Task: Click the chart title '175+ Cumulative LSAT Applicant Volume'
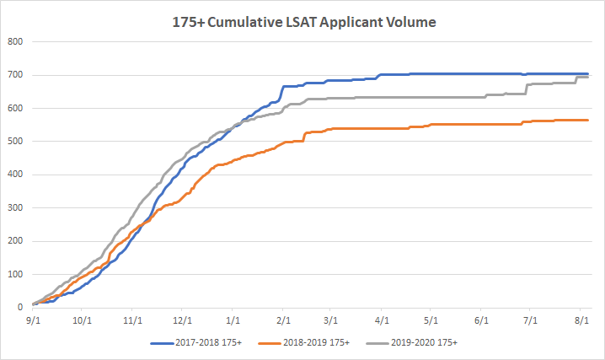coord(302,21)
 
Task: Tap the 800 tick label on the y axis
coord(16,41)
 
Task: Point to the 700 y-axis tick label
coord(16,75)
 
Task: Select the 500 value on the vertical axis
coord(16,142)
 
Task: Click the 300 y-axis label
coord(16,208)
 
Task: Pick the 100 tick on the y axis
coord(16,275)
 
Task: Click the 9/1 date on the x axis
coord(33,320)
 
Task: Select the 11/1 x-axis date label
coord(132,320)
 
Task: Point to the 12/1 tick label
coord(182,320)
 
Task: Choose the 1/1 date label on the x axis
coord(233,320)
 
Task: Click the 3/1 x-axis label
coord(331,320)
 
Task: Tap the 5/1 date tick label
coord(431,320)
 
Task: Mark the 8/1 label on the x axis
coord(581,320)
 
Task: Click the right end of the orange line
coord(587,121)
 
